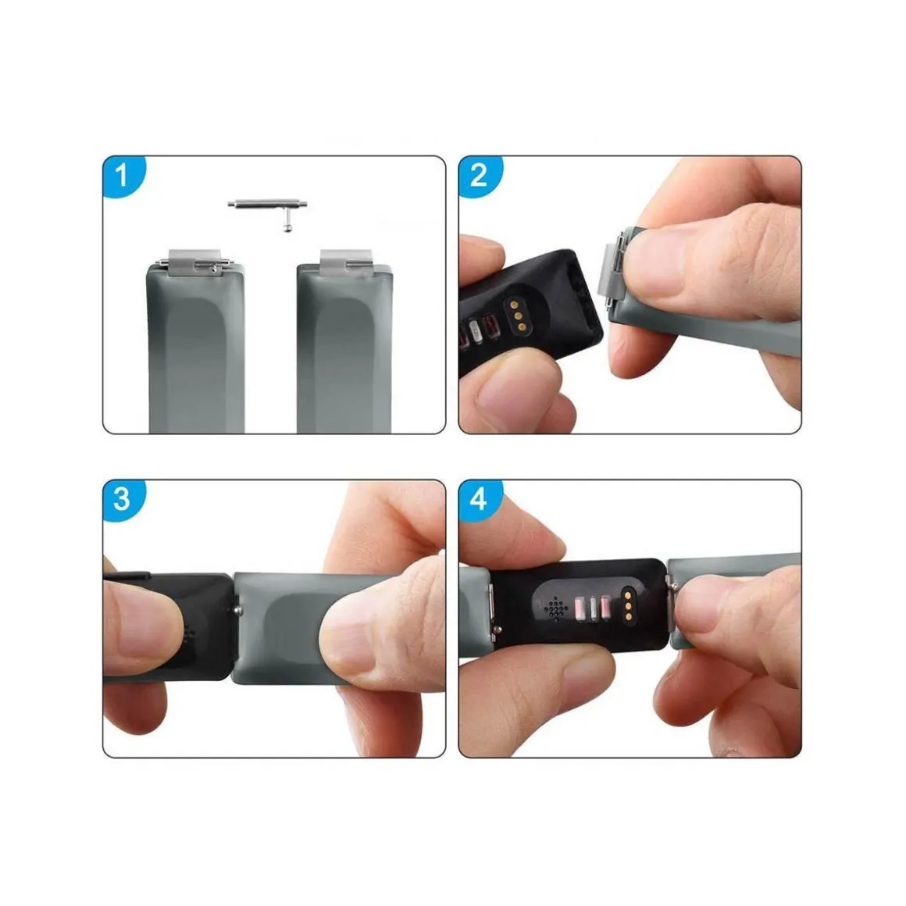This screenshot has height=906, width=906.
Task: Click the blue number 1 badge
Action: tap(123, 175)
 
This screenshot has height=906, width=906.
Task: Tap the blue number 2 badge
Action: tap(479, 175)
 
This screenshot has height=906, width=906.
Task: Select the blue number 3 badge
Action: tap(123, 499)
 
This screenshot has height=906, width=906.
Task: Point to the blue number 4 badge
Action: tap(479, 499)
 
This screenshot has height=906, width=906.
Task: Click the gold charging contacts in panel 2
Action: tap(516, 316)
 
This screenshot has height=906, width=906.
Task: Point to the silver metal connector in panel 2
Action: tap(612, 268)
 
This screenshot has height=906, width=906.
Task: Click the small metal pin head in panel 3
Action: tap(237, 609)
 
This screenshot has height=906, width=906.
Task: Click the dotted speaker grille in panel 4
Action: tap(556, 608)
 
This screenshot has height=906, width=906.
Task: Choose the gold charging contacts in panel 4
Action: tap(627, 606)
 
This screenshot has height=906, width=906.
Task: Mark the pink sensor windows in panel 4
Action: tap(593, 608)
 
